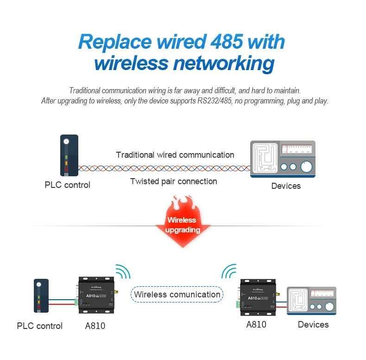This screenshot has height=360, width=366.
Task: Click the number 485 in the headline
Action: coord(227,42)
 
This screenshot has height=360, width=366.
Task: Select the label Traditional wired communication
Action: coord(175,155)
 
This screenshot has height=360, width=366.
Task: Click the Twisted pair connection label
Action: coord(174,181)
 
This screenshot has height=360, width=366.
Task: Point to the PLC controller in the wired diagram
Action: coord(69,156)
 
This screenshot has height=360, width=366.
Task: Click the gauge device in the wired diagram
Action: coord(283,159)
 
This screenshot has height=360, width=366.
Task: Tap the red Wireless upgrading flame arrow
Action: coord(182,222)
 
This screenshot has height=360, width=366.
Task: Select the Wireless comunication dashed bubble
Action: coord(177,295)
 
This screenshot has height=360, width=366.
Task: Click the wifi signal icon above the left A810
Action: coord(122,271)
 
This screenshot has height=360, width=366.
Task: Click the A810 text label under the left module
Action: coord(95,326)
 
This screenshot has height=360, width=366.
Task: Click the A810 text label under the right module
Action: coord(256,325)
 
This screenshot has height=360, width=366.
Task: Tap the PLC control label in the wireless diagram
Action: coord(39,326)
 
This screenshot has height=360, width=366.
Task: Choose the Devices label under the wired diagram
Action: coord(286,186)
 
